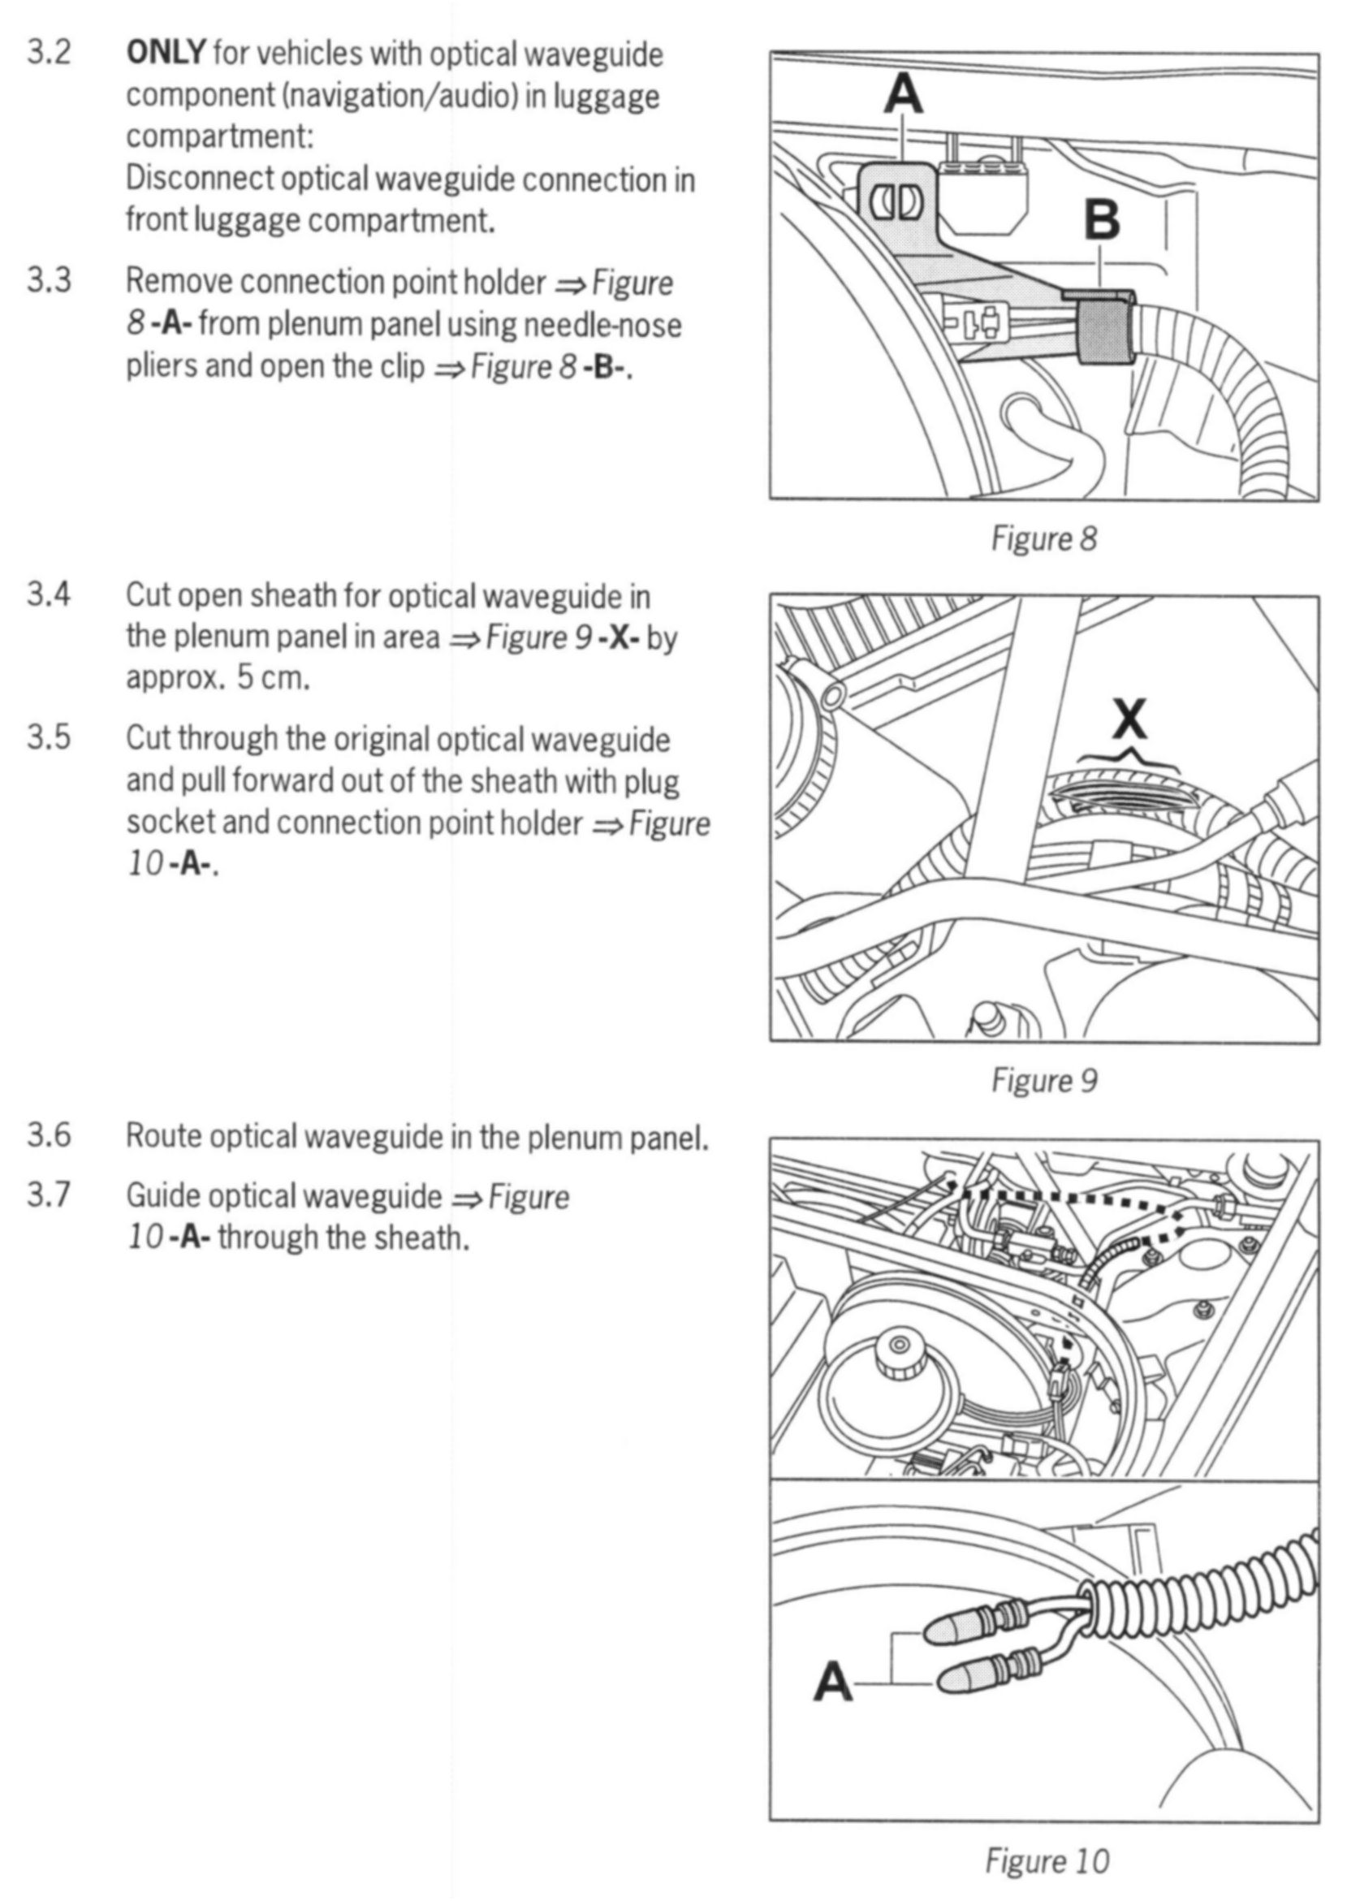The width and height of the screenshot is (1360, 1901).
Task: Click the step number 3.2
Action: [x=49, y=54]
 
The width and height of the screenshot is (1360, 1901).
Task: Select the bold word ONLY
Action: [x=165, y=54]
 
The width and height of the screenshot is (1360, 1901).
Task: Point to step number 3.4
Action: [x=49, y=594]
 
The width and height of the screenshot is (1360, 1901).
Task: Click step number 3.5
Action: [x=49, y=738]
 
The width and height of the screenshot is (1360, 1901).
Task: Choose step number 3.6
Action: [x=49, y=1135]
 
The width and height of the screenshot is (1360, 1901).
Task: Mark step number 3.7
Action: [x=49, y=1195]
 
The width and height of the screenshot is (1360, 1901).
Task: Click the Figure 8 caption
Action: [x=1043, y=538]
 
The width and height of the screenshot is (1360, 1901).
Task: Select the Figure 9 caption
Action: [x=1043, y=1080]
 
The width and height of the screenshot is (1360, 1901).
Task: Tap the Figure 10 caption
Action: [x=1047, y=1860]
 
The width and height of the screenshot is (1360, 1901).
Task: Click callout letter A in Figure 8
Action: [x=904, y=96]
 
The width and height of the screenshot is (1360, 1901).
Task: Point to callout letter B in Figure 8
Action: [x=1101, y=219]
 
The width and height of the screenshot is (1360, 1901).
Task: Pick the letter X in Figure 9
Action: [x=1129, y=719]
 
